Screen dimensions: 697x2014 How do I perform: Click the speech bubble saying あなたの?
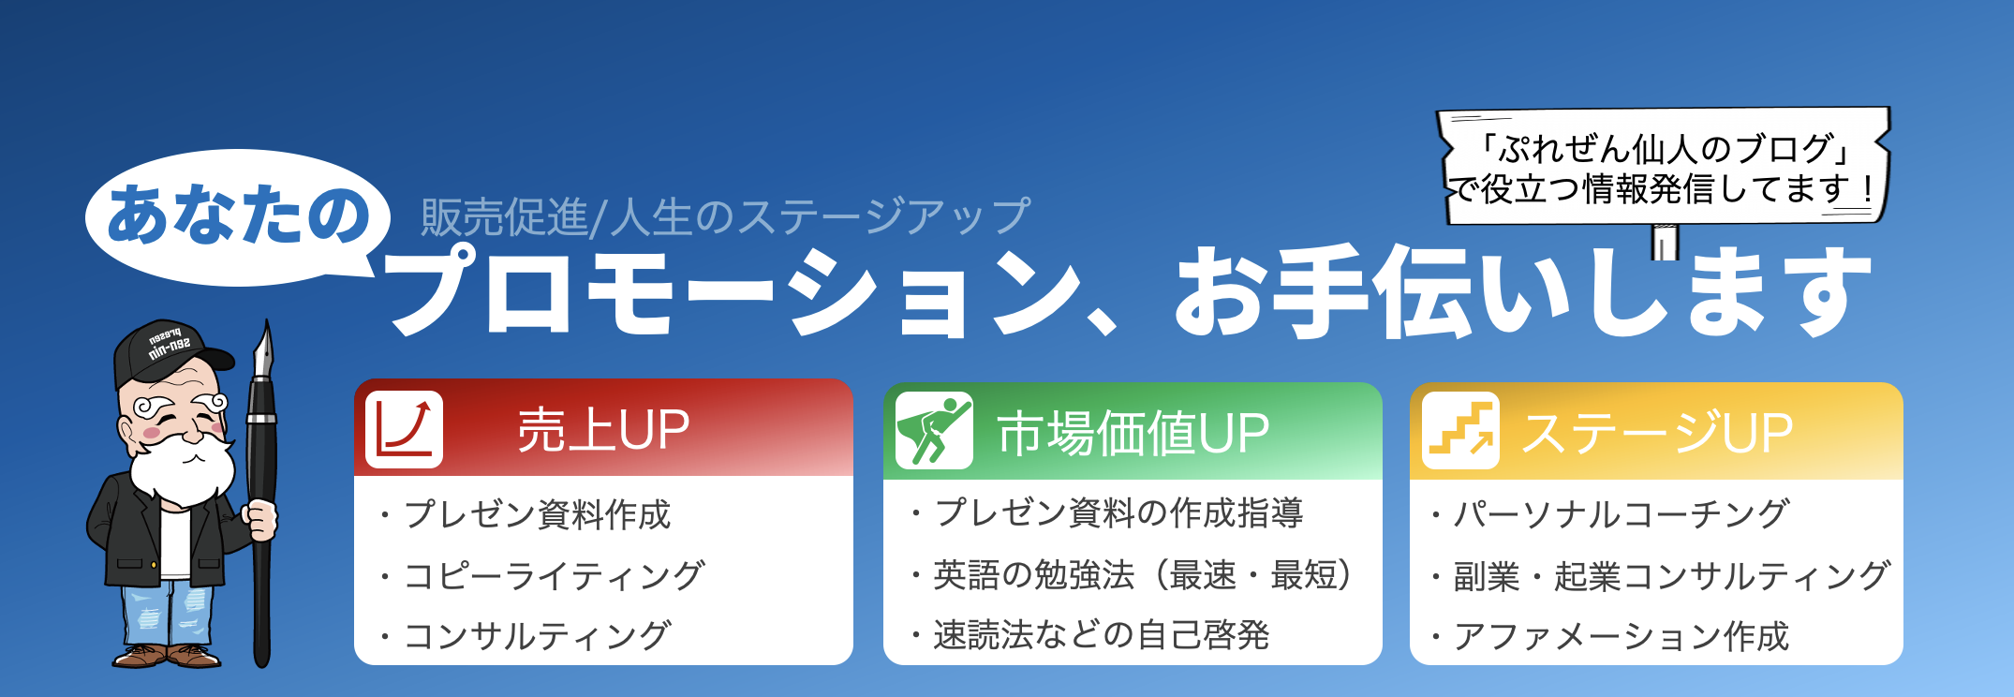coord(238,216)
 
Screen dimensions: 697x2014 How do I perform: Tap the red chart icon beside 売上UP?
coord(404,429)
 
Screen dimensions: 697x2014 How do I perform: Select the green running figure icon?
coord(933,430)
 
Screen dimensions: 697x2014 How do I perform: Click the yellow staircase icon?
coord(1459,431)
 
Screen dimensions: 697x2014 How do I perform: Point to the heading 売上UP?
coord(603,430)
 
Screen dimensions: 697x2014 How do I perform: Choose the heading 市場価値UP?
coord(1133,433)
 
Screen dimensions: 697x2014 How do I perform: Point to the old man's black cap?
coord(169,351)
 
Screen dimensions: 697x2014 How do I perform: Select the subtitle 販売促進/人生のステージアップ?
coord(725,216)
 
